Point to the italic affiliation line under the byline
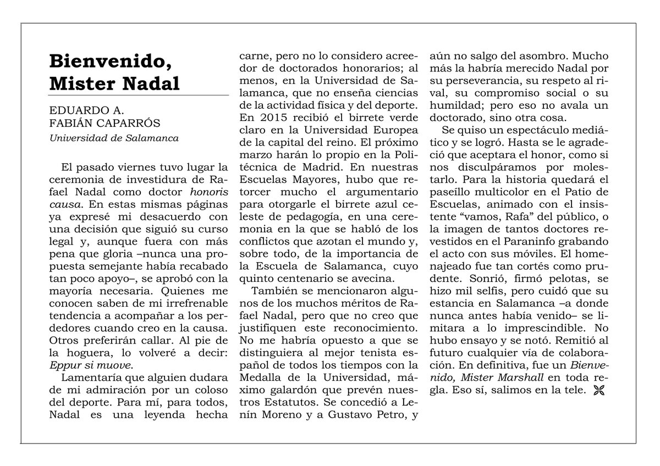114,138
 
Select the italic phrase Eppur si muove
91,364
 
